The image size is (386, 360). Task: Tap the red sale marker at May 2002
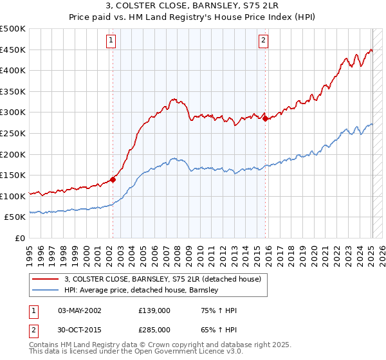(113, 180)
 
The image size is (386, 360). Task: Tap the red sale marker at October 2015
(265, 118)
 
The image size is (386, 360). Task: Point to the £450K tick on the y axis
(14, 50)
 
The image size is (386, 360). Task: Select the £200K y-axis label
(14, 154)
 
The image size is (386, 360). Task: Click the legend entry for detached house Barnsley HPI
(142, 291)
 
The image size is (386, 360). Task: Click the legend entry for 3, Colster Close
(162, 279)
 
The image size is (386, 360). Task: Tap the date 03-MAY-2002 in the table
(80, 310)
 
